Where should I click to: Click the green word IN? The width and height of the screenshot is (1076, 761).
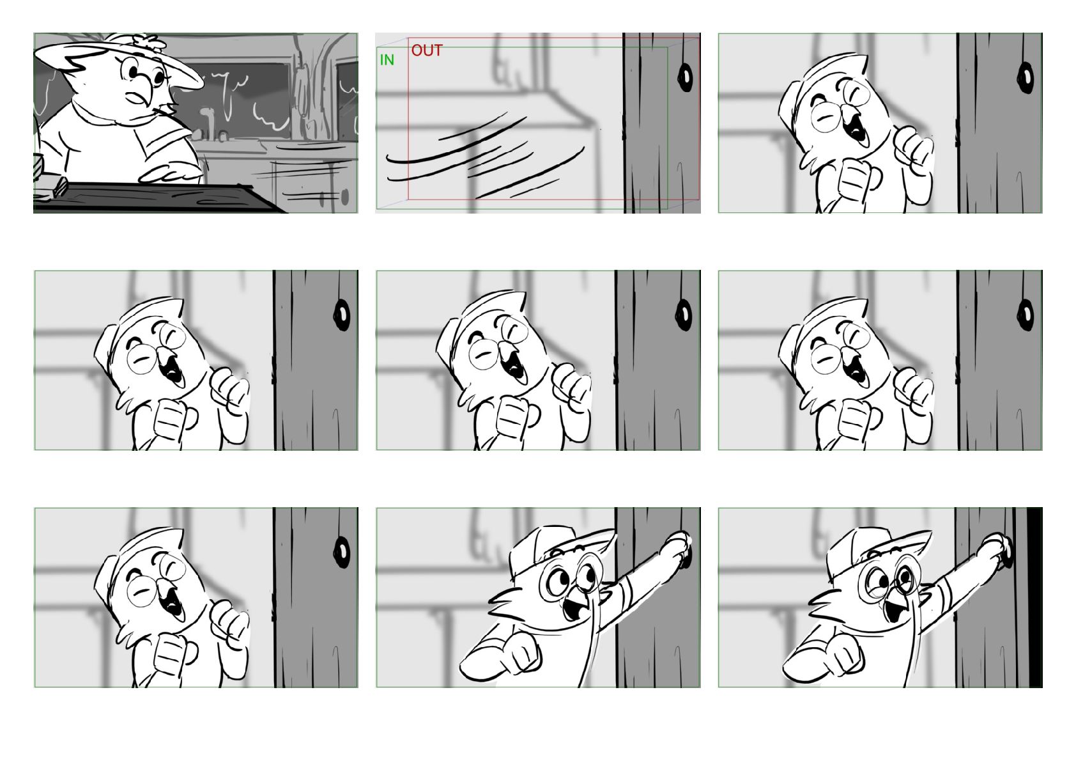(387, 59)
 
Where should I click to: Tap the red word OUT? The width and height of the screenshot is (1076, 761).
(427, 50)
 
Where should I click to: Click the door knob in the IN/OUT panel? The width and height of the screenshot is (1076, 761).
(685, 77)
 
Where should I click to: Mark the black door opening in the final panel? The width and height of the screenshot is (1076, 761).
(1034, 597)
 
